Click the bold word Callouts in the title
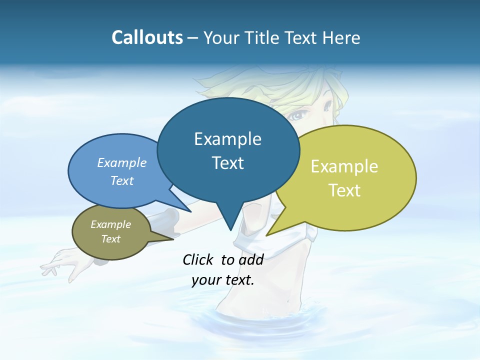click(147, 37)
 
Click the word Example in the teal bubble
click(227, 139)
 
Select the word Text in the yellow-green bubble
click(345, 190)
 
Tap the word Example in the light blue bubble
click(121, 163)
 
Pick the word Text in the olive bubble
click(110, 239)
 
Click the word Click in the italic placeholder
click(197, 259)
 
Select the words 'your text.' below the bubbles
click(222, 280)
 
